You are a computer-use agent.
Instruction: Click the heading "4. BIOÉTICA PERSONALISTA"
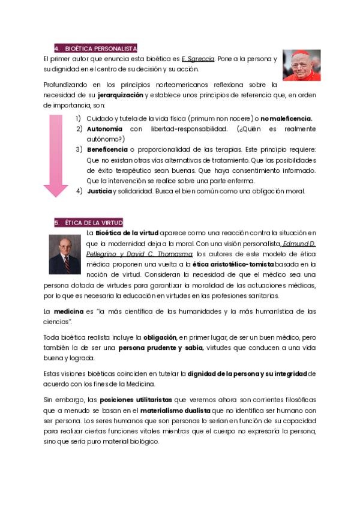click(x=96, y=48)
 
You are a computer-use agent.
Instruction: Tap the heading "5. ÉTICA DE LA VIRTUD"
click(x=89, y=222)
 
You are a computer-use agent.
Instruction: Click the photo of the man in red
click(x=301, y=65)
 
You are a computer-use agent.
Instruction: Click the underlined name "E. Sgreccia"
click(x=197, y=59)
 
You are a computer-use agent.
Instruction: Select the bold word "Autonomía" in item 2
click(x=104, y=129)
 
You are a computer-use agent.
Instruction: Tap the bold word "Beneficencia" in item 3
click(x=107, y=149)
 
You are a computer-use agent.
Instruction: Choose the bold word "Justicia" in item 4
click(x=99, y=191)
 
